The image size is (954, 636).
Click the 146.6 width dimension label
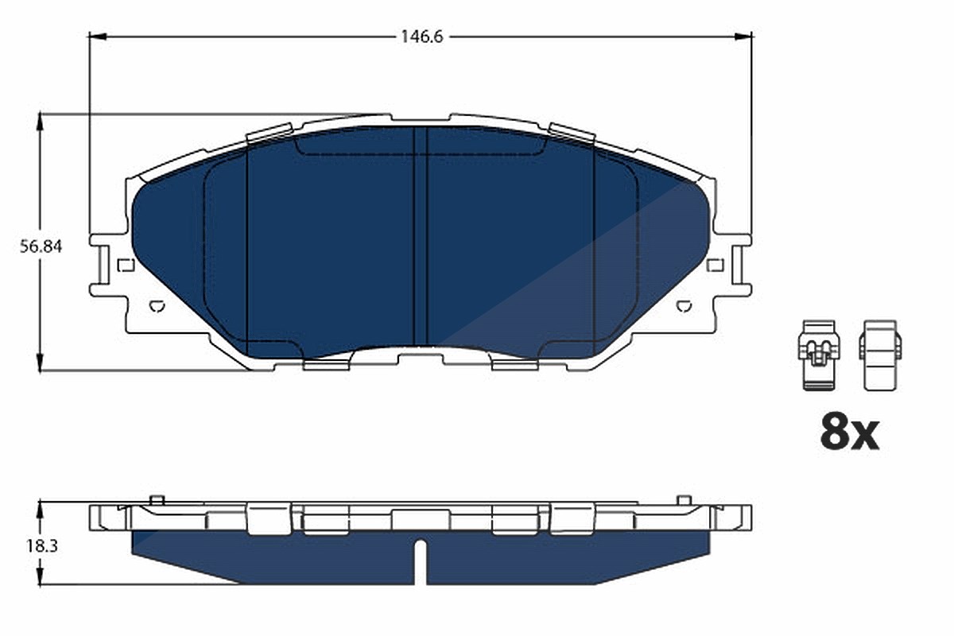[x=421, y=37]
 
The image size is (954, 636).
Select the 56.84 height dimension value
[x=41, y=246]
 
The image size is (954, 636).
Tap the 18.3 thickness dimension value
[x=41, y=546]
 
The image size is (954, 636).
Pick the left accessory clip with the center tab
[x=819, y=355]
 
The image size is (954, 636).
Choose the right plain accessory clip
[x=880, y=355]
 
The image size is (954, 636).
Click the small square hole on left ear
[x=126, y=265]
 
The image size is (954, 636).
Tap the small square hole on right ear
[x=715, y=265]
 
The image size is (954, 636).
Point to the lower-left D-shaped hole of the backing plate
[x=157, y=306]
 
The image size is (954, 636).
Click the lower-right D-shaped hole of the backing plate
[x=684, y=306]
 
